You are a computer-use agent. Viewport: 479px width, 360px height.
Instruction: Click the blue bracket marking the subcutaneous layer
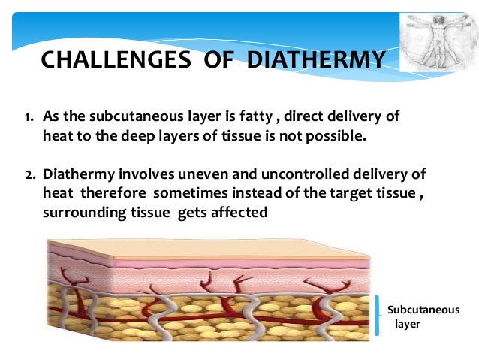(x=378, y=315)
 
